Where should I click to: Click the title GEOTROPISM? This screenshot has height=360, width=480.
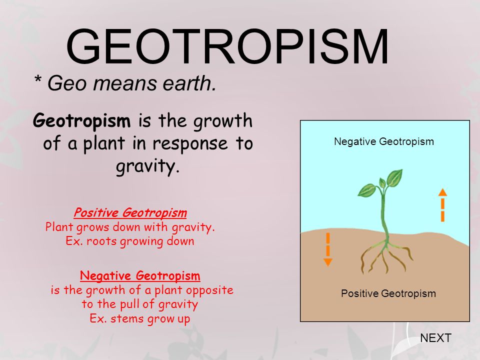coord(227,47)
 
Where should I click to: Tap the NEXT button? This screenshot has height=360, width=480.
coord(435,338)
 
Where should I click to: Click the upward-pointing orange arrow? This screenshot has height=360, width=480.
coord(442,205)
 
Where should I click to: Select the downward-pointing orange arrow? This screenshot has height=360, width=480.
coord(328,249)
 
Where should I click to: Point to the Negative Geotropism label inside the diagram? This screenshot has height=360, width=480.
coord(384,141)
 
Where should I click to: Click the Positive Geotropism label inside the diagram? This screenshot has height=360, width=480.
coord(388,293)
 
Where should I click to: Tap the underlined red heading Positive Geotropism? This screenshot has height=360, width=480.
coord(130,213)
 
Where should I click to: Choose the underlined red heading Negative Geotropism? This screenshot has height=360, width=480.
coord(140,275)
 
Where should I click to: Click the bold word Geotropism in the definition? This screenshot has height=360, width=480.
coord(82,121)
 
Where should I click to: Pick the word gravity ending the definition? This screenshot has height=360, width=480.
coord(146,167)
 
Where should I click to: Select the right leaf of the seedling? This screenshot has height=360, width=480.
coord(395,177)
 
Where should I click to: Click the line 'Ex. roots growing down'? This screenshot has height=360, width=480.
coord(130,241)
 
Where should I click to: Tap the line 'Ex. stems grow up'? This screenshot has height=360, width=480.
coord(139,318)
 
